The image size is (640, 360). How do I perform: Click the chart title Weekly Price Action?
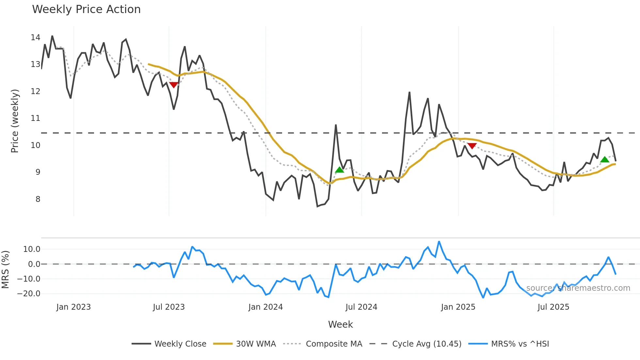pos(86,9)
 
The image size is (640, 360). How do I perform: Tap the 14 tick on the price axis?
pos(35,38)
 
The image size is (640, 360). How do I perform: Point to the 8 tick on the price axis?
pos(38,199)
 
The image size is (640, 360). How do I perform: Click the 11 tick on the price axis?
pos(35,118)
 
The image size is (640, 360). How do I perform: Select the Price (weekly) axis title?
pos(15,121)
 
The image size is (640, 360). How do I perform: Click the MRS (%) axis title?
pos(5,270)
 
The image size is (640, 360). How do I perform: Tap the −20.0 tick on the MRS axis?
pos(29,294)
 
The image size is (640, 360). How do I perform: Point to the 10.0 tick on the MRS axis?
pos(31,249)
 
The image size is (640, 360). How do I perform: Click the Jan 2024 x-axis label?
pos(265,307)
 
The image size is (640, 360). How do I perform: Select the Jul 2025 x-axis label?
pos(553,307)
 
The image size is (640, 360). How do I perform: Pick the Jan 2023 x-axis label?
pos(73,307)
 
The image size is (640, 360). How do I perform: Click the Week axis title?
pos(340,324)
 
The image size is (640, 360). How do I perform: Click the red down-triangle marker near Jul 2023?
pos(173,85)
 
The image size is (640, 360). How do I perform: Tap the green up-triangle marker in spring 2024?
pos(340,170)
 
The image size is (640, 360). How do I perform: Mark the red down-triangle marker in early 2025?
pos(472,146)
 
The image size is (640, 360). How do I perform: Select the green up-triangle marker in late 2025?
pos(605,159)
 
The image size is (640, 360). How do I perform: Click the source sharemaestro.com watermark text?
pos(578,288)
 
